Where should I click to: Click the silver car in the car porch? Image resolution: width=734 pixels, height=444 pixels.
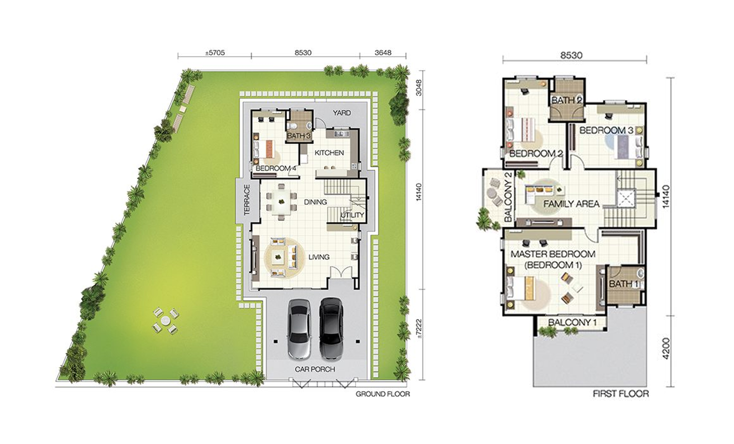coord(299,329)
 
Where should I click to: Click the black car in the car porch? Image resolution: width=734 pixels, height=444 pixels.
coord(331,328)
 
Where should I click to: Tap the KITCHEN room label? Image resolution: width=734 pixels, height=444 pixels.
coord(329,153)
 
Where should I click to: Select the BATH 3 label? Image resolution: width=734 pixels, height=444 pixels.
coord(299,136)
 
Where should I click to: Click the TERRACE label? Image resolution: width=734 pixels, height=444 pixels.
coord(247,200)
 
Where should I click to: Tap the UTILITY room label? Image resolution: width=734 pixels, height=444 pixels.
coord(352,215)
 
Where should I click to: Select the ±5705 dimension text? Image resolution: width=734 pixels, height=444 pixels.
coord(215,53)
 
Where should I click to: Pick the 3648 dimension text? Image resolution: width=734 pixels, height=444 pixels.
coord(383,53)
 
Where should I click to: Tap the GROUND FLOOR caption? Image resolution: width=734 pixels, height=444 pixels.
coord(383,394)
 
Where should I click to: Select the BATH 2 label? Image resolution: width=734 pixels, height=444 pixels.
coord(567,101)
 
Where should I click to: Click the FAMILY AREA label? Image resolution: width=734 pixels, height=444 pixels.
coord(571,204)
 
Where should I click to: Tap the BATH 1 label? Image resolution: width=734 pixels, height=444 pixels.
coord(624,284)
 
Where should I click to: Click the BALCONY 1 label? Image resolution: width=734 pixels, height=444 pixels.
coord(572,322)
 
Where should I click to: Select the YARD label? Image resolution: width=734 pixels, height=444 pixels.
coord(342,113)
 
